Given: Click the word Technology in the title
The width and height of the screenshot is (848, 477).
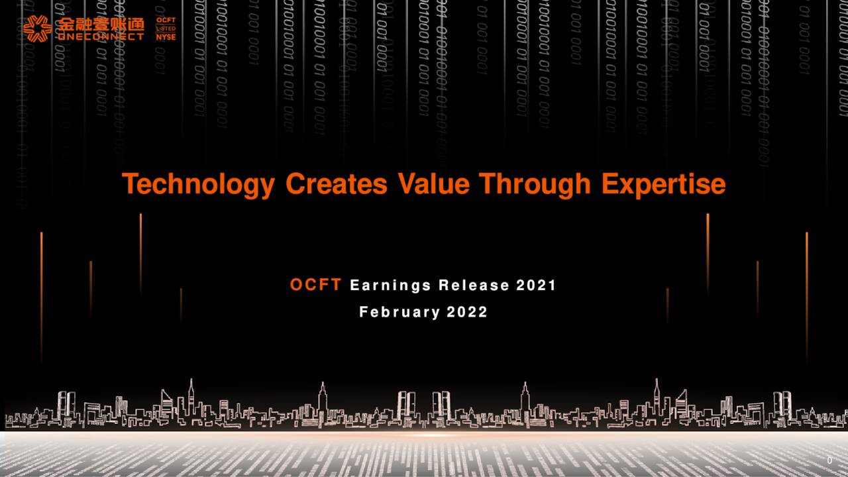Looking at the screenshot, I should coord(197,184).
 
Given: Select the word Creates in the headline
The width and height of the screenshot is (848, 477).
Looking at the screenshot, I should coord(336,184).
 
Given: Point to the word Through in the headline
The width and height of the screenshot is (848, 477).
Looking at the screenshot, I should coord(535,184).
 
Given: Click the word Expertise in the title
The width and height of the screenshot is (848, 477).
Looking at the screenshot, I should coord(663,184).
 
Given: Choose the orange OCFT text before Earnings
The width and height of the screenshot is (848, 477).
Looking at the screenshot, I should coord(315,285).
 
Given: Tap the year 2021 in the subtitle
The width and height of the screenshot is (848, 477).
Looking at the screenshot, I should coord(536,286).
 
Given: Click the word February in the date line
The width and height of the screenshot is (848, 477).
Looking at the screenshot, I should coord(399,312).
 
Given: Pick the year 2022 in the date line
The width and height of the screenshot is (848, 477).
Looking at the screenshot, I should coord(467,312).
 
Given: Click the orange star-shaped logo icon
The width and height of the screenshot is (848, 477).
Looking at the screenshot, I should coord(38,28).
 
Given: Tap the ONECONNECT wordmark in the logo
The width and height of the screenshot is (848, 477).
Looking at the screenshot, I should coord(100,36).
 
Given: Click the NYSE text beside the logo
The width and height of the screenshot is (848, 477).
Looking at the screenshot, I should coord(166,37).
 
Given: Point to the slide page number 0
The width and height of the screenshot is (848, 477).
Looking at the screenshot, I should coord(829,460).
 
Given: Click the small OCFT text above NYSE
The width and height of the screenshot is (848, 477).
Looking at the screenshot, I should coord(166,21).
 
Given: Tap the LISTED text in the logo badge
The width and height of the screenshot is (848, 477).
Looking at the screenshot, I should coord(166,29).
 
